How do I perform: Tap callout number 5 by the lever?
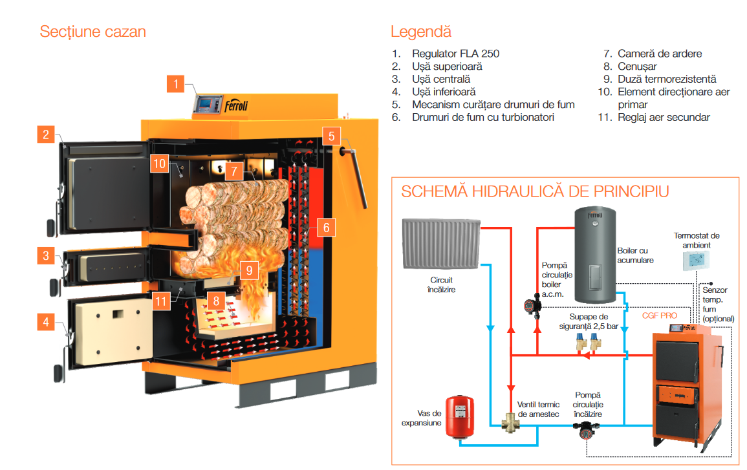tap(331, 136)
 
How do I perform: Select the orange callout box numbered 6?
tap(326, 227)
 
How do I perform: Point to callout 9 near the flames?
tap(248, 270)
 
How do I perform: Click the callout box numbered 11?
tap(162, 300)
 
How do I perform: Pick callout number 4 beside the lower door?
tap(46, 321)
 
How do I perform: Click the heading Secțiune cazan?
tap(92, 32)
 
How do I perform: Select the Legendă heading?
tap(420, 32)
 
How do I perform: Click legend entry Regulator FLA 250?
tap(455, 54)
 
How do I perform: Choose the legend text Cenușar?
tap(637, 67)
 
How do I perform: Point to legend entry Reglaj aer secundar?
tap(664, 117)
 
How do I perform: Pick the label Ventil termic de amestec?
tap(538, 409)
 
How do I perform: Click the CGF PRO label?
tap(660, 315)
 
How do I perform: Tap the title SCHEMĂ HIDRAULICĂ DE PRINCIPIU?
tap(535, 191)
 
